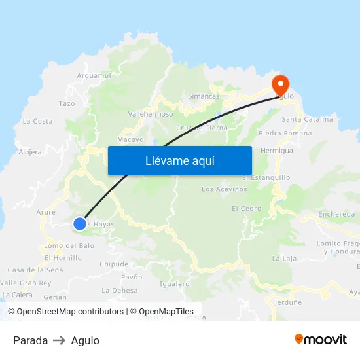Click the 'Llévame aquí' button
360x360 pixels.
click(179, 160)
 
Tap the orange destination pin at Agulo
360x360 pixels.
click(281, 84)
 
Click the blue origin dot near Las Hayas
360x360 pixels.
click(79, 224)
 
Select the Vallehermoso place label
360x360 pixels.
click(151, 114)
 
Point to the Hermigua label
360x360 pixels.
click(276, 151)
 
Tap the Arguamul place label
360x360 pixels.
click(94, 76)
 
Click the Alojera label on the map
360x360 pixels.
click(30, 152)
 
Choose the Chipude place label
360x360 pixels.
click(113, 264)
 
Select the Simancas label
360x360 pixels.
click(204, 96)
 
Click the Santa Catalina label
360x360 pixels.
click(307, 119)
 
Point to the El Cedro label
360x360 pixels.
click(246, 209)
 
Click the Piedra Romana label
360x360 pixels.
click(285, 134)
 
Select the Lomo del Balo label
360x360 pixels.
click(69, 246)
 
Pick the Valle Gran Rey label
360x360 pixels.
click(26, 283)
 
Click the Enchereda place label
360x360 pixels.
click(336, 214)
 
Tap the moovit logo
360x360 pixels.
click(320, 339)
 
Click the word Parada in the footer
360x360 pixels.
click(30, 340)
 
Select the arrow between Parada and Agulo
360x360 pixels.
click(59, 340)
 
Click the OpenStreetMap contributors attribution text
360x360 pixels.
click(70, 312)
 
